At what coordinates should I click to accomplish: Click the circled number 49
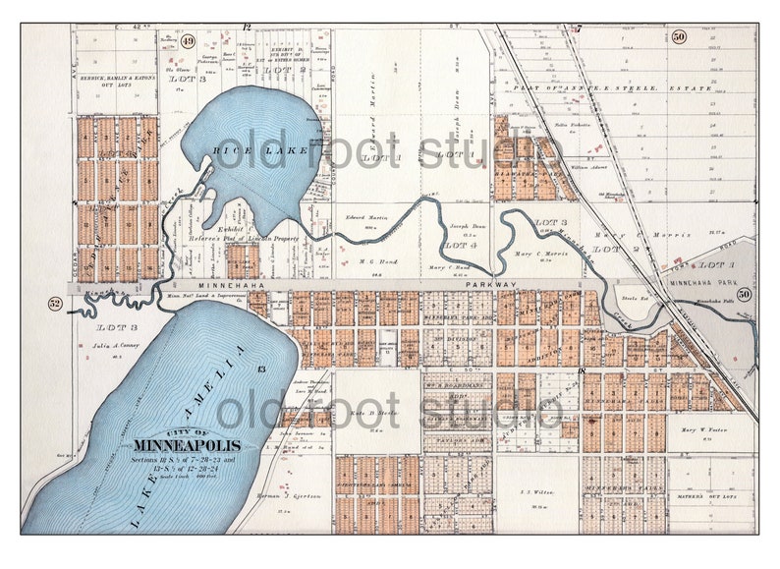(188, 41)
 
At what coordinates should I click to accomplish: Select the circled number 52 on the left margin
(55, 304)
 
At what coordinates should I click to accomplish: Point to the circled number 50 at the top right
(679, 37)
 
